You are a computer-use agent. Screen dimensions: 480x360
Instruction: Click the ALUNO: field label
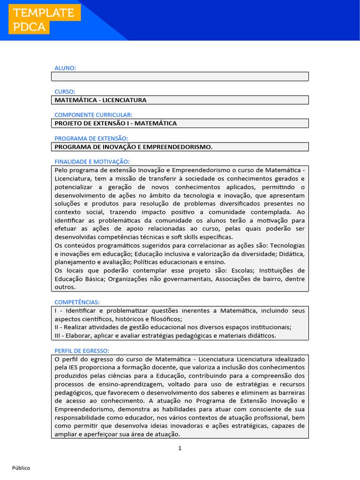[x=65, y=68]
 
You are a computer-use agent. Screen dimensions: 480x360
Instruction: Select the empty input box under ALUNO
[x=180, y=76]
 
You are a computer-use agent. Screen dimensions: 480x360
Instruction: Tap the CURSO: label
[x=65, y=91]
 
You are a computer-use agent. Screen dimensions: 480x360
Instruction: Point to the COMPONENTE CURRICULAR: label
[x=93, y=115]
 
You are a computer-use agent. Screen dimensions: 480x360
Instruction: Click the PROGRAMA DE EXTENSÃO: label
[x=91, y=138]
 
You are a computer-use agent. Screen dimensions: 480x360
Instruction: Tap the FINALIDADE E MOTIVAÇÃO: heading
[x=92, y=161]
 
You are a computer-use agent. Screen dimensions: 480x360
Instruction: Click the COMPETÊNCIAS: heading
[x=77, y=302]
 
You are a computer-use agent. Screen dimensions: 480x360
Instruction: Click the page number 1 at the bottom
[x=180, y=448]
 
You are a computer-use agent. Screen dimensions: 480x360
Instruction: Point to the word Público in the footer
[x=21, y=468]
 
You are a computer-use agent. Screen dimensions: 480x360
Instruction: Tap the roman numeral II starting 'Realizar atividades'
[x=57, y=327]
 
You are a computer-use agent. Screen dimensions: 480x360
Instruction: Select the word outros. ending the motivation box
[x=65, y=287]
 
